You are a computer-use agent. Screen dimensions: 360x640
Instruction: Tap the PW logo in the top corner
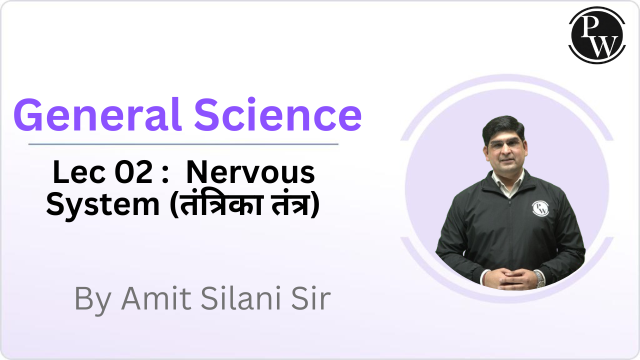(597, 35)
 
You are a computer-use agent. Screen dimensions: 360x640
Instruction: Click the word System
(102, 205)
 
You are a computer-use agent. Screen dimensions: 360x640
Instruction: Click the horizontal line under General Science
(183, 144)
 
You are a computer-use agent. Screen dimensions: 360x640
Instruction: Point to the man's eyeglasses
(505, 145)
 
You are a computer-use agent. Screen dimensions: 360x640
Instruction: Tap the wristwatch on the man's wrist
(539, 278)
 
